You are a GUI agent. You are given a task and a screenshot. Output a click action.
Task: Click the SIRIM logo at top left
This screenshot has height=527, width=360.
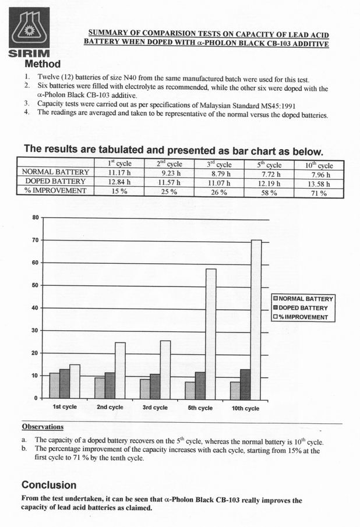pyautogui.click(x=26, y=30)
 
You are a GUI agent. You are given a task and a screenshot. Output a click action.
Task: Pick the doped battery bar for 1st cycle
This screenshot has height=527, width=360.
pyautogui.click(x=65, y=383)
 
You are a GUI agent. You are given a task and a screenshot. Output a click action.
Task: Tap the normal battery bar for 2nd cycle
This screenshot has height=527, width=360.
pyautogui.click(x=100, y=387)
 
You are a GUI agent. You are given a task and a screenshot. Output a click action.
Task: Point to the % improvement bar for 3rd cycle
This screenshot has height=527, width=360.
pyautogui.click(x=165, y=369)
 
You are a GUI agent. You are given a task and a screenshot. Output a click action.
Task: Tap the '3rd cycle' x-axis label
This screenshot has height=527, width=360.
pyautogui.click(x=154, y=408)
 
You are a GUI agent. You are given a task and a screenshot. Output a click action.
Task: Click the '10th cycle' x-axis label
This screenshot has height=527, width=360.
pyautogui.click(x=245, y=408)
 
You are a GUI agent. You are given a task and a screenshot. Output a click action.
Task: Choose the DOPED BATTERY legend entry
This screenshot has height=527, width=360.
pyautogui.click(x=303, y=308)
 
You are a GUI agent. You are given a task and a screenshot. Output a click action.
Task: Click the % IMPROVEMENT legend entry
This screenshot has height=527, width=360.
pyautogui.click(x=303, y=317)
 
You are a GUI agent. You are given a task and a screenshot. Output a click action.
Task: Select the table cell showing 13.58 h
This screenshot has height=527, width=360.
pyautogui.click(x=317, y=183)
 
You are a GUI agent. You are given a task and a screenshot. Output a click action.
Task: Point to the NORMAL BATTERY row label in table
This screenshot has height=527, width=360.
pyautogui.click(x=55, y=173)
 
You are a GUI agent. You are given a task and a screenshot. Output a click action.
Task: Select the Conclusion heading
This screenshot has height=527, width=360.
pyautogui.click(x=49, y=484)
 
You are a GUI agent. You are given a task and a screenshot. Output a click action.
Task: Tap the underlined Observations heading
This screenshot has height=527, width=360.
pyautogui.click(x=43, y=426)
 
